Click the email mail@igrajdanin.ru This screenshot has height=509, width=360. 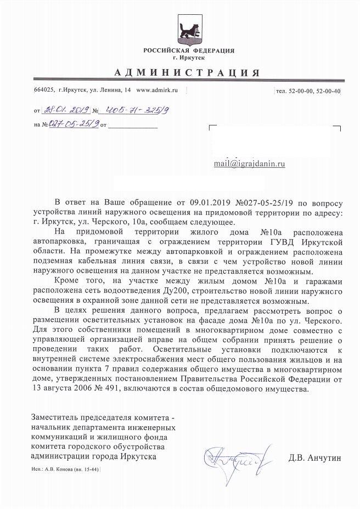point(249,163)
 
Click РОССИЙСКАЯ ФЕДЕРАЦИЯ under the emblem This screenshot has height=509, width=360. point(189,50)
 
